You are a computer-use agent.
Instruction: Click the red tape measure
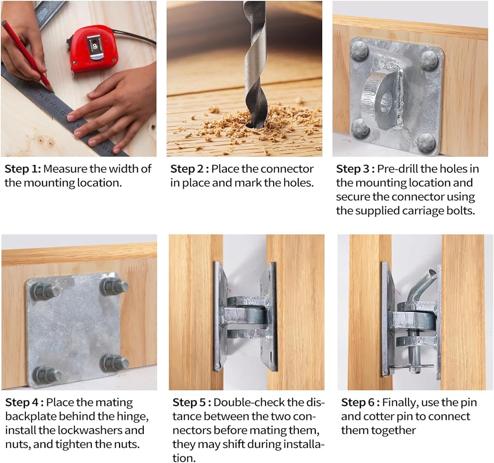[93, 49]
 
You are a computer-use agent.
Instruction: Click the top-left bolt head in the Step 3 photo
[360, 50]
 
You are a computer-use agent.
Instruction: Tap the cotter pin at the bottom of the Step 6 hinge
[412, 367]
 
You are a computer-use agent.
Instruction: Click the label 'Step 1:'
[23, 169]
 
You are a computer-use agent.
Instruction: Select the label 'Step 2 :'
[189, 169]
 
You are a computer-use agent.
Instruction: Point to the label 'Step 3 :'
[355, 169]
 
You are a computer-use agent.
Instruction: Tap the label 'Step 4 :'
[24, 403]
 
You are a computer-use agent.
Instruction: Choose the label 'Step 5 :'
[192, 403]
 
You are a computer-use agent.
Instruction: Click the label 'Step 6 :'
[360, 403]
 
